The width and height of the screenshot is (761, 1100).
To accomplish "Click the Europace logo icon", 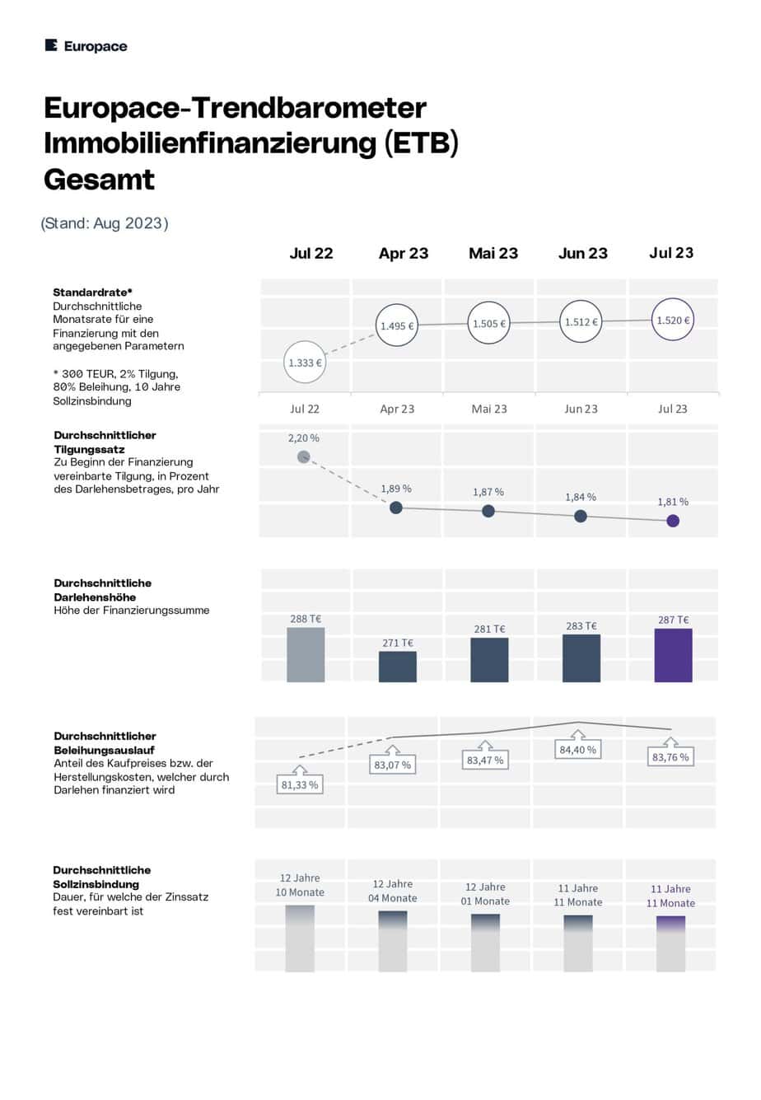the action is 51,45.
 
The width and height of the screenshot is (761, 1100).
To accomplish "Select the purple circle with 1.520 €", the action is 673,320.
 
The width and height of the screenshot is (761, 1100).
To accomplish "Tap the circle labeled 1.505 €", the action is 488,323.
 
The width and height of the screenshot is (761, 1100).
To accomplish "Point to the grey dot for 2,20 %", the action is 303,456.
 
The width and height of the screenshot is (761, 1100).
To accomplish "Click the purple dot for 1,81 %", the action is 673,521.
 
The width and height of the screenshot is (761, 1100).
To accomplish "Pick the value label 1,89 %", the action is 395,489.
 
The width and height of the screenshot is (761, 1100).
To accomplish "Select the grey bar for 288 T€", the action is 306,654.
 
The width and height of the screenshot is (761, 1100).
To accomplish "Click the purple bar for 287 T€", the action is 673,655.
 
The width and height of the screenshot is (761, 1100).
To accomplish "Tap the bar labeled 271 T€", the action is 397,667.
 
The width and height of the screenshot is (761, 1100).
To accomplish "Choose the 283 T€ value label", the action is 581,625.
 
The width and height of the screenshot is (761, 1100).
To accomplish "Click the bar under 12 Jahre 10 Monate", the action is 300,939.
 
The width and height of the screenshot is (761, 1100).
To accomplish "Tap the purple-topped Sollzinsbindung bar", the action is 670,943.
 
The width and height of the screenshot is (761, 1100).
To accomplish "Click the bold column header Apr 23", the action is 404,254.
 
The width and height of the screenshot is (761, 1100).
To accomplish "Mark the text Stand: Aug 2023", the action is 104,223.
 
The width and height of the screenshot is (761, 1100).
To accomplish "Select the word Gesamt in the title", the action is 99,180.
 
